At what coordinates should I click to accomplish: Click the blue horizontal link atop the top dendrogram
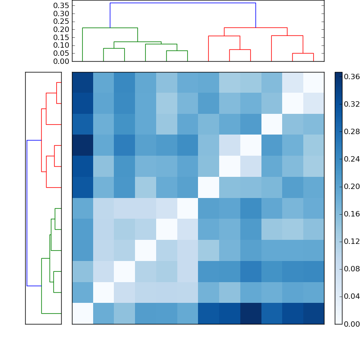point(183,3)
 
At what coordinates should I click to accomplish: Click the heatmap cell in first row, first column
point(82,82)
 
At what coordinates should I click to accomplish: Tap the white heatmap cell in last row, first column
point(82,313)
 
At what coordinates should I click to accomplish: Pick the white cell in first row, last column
point(313,82)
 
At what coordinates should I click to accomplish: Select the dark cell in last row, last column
point(313,313)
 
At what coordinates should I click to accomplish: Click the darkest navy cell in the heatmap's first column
point(82,145)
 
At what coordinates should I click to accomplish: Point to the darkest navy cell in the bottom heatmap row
point(250,313)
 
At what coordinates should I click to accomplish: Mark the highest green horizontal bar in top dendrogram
point(110,28)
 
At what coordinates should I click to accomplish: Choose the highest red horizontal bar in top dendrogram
point(256,28)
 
